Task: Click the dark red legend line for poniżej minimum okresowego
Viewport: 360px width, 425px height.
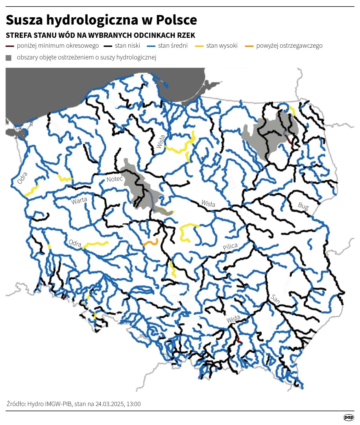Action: (x=10, y=46)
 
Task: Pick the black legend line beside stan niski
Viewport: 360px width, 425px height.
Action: (x=108, y=46)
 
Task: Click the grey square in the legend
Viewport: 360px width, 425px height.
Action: (x=9, y=58)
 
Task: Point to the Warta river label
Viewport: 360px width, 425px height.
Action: (x=79, y=201)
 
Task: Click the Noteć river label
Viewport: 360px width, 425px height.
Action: (x=115, y=179)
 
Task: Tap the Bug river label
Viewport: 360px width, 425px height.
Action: (x=304, y=206)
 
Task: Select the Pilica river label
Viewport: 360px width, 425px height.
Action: (x=230, y=246)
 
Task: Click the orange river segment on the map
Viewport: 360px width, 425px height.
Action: (x=151, y=242)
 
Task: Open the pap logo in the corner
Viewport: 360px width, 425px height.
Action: (x=349, y=417)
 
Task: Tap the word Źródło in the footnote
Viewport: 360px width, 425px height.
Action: (x=17, y=404)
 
